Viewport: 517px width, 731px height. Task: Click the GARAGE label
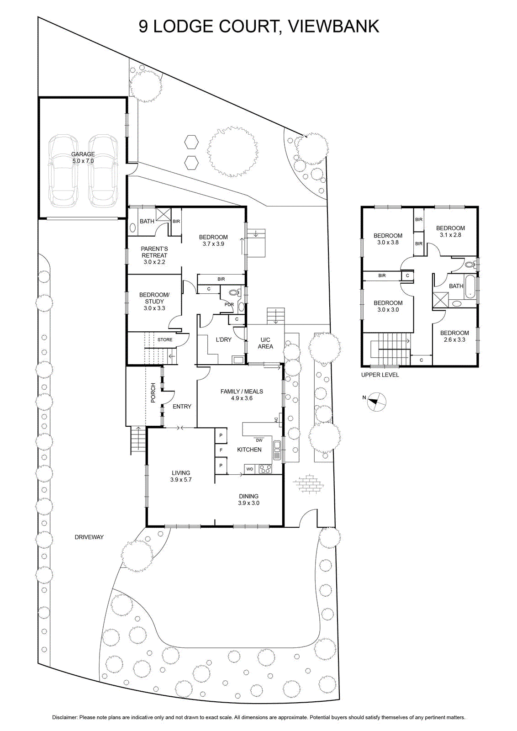83,154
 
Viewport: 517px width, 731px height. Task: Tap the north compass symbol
376,402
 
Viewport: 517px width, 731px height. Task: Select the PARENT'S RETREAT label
154,252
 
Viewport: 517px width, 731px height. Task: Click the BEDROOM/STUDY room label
154,298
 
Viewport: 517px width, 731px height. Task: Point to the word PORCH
153,392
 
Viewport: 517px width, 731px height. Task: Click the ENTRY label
182,406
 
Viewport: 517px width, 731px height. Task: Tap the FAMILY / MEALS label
242,391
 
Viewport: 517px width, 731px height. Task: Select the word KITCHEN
249,450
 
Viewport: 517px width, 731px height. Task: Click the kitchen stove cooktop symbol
265,469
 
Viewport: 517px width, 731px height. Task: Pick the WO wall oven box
249,469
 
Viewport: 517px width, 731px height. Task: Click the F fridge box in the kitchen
221,450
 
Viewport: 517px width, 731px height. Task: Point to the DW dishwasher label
259,440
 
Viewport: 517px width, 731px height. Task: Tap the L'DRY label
223,339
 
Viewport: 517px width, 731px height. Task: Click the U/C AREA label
265,343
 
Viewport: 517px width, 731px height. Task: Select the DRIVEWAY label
89,537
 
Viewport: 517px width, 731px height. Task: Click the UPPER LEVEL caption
380,375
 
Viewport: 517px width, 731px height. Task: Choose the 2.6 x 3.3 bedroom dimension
454,340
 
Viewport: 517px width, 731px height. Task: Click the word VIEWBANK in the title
334,26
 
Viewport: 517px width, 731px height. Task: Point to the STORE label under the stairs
165,339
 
